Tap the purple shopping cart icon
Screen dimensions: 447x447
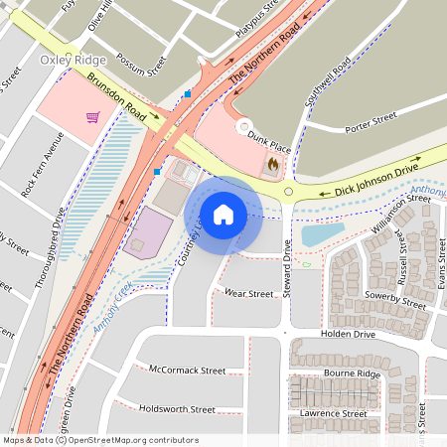point(92,117)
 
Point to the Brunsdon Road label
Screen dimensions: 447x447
point(116,98)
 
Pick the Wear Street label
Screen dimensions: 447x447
point(247,294)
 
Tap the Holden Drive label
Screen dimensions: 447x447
point(348,336)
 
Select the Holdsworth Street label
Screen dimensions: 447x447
point(178,408)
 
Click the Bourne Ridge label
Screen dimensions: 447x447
point(352,373)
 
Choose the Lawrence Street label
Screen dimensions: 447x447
point(340,413)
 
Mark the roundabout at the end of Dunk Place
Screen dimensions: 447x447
point(242,126)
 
